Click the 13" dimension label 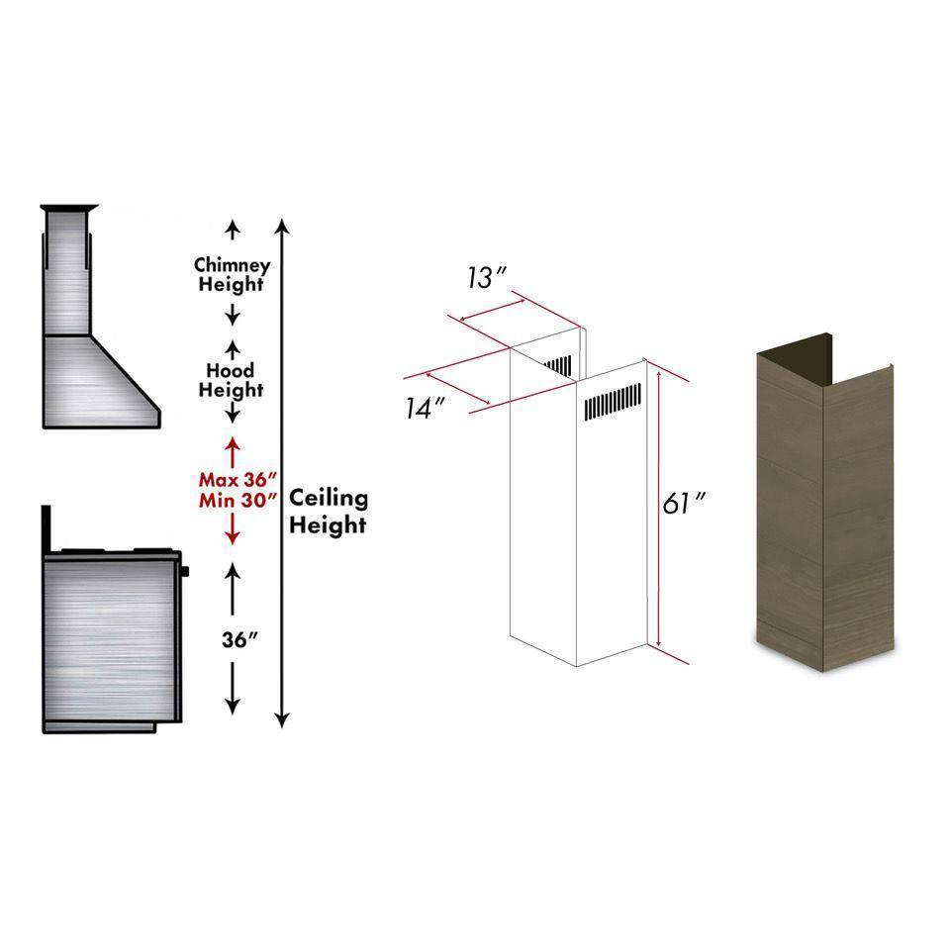pos(487,278)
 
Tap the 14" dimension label pos(426,408)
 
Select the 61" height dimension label pos(684,503)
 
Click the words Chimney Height pos(232,274)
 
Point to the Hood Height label pos(231,380)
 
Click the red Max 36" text pos(238,480)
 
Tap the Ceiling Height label pos(329,512)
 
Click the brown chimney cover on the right pos(824,503)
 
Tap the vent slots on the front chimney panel pos(613,402)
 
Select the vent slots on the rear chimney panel pos(558,365)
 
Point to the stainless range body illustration pos(112,642)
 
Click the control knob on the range pos(185,571)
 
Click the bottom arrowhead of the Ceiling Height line pos(282,720)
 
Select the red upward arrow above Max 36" pos(232,452)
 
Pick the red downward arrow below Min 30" pos(232,529)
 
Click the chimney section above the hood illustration pos(68,271)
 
